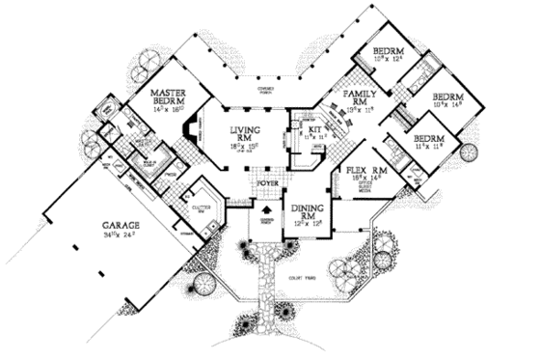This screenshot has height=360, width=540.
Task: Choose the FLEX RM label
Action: (365, 170)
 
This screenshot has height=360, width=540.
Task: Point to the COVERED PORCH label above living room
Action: (265, 89)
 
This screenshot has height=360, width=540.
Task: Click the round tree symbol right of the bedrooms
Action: (470, 152)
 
